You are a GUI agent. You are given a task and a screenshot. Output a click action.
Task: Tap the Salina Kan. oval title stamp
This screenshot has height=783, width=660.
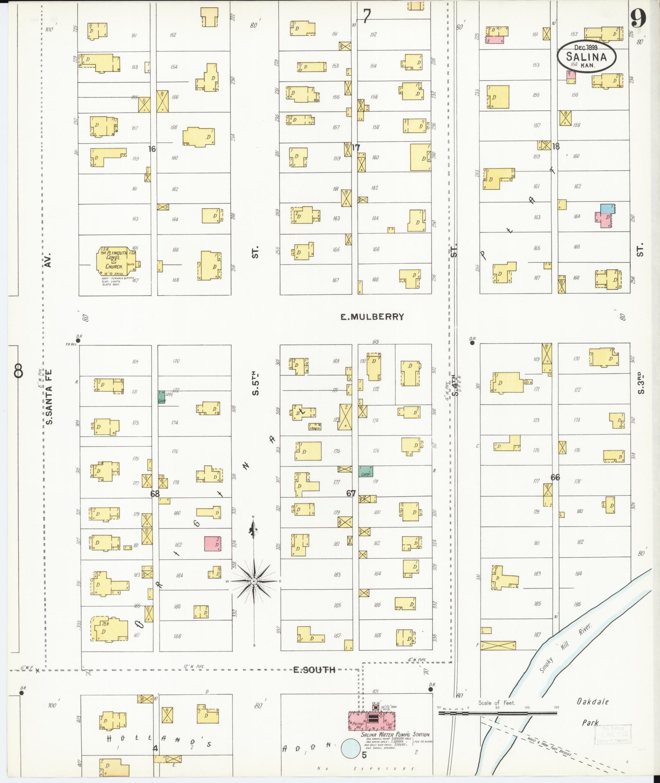tap(586, 57)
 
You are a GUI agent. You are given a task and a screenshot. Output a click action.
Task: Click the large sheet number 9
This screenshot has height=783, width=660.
tap(638, 18)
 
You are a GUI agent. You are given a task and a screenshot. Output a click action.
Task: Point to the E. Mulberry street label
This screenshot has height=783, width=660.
tap(372, 316)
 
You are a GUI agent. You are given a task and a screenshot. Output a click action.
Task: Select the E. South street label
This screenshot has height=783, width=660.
tap(314, 670)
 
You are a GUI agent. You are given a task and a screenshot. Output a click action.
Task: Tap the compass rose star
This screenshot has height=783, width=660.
tap(254, 581)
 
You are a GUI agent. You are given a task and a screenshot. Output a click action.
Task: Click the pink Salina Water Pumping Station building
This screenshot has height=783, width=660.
tap(372, 720)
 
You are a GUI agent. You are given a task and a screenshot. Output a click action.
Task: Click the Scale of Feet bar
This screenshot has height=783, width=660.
tap(497, 713)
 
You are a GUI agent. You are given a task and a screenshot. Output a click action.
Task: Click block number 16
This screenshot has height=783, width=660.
tap(152, 149)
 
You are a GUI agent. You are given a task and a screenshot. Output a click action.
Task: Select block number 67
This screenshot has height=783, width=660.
tap(351, 493)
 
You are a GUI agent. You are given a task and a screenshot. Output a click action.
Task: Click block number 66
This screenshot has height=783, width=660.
tap(555, 477)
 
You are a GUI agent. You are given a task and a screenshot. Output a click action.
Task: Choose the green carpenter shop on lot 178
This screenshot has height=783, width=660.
tap(365, 471)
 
